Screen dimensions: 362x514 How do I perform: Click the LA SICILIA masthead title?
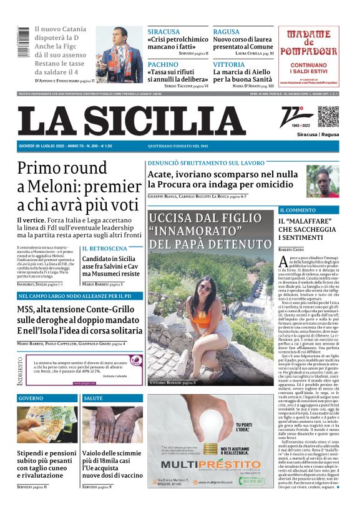click(130, 121)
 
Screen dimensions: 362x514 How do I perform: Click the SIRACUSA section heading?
click(164, 32)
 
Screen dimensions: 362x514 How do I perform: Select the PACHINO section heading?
click(163, 64)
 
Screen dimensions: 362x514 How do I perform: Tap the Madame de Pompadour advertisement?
click(310, 57)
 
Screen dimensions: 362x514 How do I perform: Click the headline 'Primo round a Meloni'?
click(79, 185)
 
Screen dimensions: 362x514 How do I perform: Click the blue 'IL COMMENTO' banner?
click(298, 210)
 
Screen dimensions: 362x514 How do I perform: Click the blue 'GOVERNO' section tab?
click(31, 397)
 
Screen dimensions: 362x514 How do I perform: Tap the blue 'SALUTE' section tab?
click(93, 397)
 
